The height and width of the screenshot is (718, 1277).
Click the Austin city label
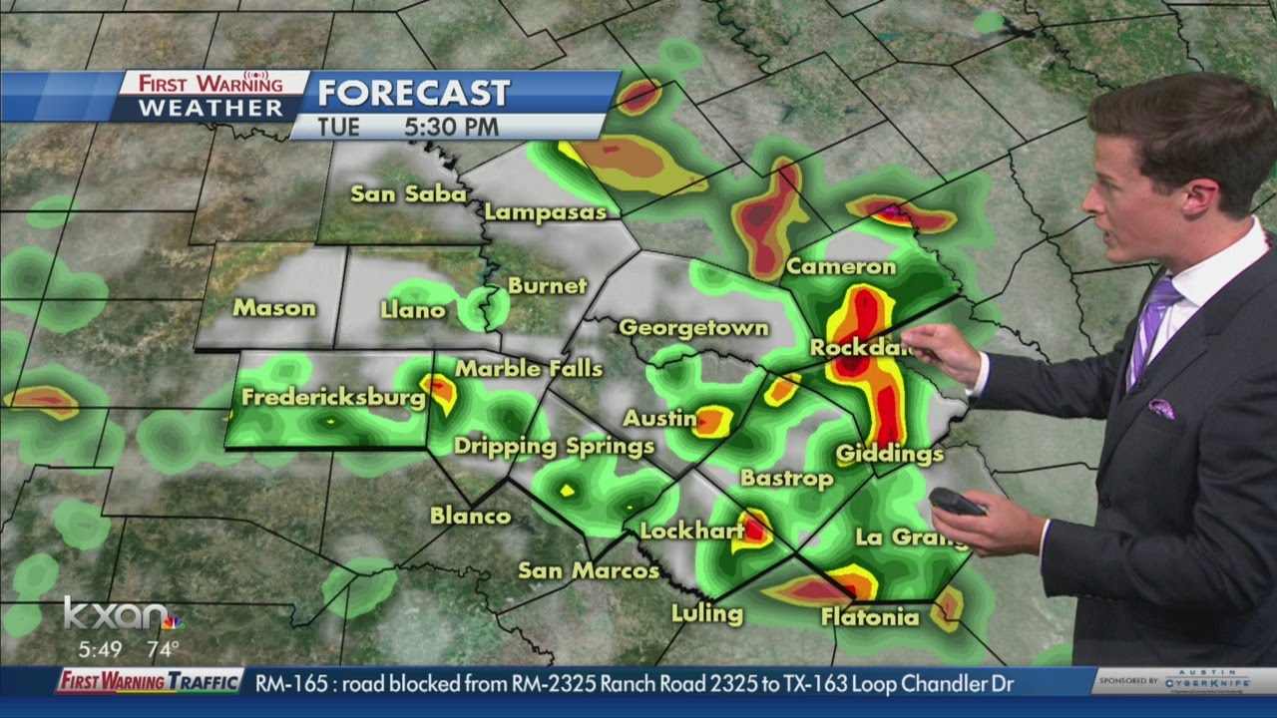(x=659, y=417)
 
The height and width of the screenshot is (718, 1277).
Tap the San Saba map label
(x=408, y=193)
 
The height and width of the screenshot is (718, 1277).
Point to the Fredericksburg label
(x=333, y=397)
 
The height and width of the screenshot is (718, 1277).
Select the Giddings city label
(x=890, y=454)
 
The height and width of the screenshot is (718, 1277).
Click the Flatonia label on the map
(x=870, y=617)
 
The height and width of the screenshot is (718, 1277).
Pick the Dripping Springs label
(x=554, y=446)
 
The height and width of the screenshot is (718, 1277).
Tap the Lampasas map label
(x=546, y=212)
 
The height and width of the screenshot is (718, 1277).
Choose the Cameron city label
(x=841, y=266)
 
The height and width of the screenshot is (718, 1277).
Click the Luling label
(x=706, y=612)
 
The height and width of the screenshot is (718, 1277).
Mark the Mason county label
(x=274, y=308)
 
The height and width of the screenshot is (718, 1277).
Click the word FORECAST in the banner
(x=414, y=93)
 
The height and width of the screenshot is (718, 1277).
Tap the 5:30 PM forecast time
(x=451, y=128)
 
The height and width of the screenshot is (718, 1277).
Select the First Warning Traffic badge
(x=150, y=682)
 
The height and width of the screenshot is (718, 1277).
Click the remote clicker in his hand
(x=957, y=501)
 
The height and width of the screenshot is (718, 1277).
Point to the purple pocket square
(x=1160, y=408)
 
